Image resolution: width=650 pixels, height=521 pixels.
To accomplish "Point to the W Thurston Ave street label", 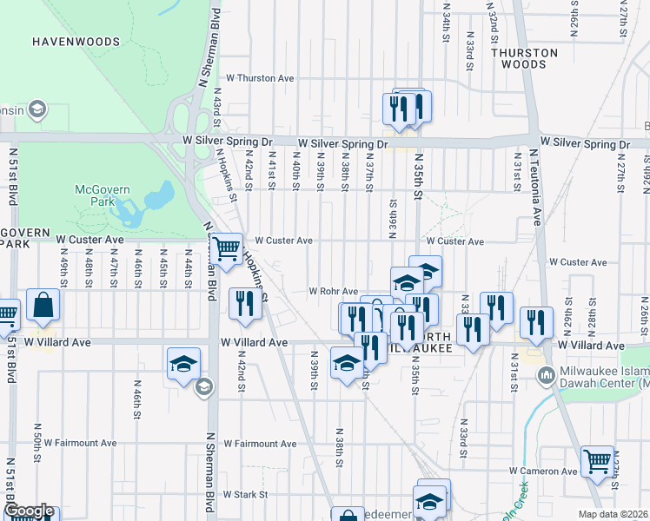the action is point(260,78).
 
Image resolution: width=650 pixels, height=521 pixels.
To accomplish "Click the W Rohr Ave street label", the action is point(334,292).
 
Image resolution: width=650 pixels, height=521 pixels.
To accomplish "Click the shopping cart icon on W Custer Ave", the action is point(227,249).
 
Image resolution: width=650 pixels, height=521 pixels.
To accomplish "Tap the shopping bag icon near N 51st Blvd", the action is point(43,306).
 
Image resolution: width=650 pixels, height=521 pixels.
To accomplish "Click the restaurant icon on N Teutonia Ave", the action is point(536,322).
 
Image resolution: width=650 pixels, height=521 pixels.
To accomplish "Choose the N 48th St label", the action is point(90,273).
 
